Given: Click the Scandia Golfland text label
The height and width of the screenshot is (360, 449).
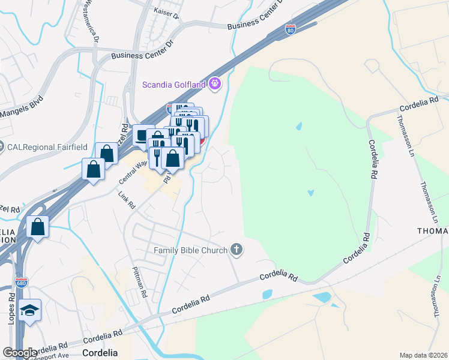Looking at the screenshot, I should (x=173, y=84).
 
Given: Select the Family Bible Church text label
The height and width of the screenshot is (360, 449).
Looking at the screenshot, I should (x=191, y=250).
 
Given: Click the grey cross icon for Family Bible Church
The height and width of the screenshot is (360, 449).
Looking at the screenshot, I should (x=237, y=250).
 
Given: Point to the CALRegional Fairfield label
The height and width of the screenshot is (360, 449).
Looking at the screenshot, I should (x=47, y=146).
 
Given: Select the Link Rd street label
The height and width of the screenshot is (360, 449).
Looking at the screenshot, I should (x=127, y=200).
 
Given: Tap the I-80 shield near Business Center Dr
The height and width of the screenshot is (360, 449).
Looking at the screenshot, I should (x=290, y=29).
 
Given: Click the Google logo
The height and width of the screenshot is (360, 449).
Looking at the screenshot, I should (x=20, y=353).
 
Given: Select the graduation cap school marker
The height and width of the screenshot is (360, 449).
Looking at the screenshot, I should (x=29, y=310).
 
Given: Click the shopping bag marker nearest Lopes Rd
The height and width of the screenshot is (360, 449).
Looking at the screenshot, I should (x=38, y=227).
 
